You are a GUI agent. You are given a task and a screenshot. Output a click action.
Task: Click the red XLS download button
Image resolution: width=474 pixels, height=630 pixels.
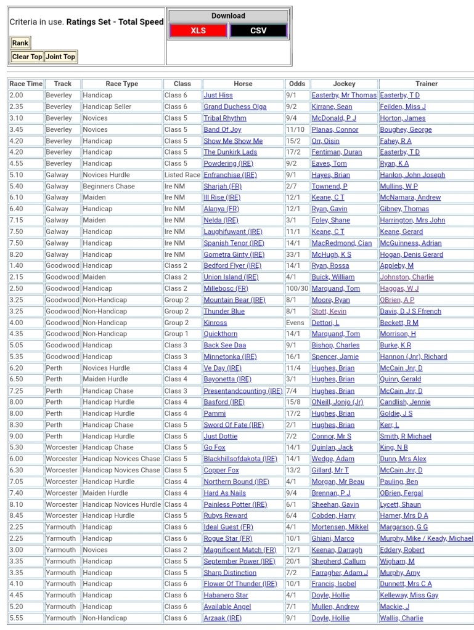point(198,30)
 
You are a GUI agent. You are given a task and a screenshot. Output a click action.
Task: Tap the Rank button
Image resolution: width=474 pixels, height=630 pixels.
point(20,43)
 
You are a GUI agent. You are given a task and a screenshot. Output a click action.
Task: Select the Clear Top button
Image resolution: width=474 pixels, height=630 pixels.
point(27,57)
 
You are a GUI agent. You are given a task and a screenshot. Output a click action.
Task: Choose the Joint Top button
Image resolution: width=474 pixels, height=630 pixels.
point(60,57)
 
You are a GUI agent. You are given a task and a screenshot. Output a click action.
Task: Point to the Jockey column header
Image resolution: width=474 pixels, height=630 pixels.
point(344,84)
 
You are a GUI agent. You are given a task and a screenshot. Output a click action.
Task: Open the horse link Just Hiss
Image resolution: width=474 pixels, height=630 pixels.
point(218,95)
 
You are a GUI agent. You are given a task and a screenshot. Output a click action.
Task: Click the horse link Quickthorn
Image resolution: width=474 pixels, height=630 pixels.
point(220,334)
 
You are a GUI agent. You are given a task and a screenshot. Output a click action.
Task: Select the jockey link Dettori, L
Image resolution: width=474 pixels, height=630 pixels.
point(325,323)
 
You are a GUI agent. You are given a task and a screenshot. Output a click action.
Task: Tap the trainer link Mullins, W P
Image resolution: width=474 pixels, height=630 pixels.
point(398,186)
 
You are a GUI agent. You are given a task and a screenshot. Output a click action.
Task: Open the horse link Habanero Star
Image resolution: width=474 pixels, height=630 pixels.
point(226,596)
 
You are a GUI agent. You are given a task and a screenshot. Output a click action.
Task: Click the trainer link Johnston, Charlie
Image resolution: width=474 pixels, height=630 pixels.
point(407,277)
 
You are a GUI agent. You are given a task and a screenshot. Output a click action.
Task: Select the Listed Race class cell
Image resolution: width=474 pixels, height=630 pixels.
point(182,175)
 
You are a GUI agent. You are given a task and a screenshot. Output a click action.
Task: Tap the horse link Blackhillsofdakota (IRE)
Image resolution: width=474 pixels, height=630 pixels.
point(240,459)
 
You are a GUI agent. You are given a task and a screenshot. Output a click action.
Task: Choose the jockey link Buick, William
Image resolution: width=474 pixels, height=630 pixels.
point(333,277)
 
